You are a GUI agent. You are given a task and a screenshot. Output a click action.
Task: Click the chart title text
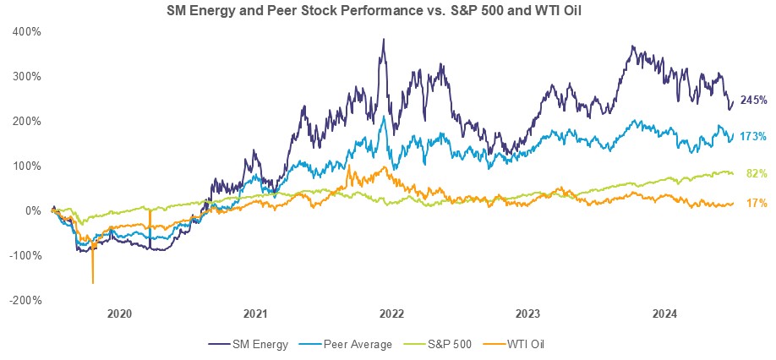click(x=387, y=10)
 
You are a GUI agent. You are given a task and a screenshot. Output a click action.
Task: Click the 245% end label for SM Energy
click(x=753, y=101)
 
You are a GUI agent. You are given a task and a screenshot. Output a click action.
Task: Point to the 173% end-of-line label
click(x=753, y=136)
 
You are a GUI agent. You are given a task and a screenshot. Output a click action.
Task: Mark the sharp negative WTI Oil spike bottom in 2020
click(x=93, y=283)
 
